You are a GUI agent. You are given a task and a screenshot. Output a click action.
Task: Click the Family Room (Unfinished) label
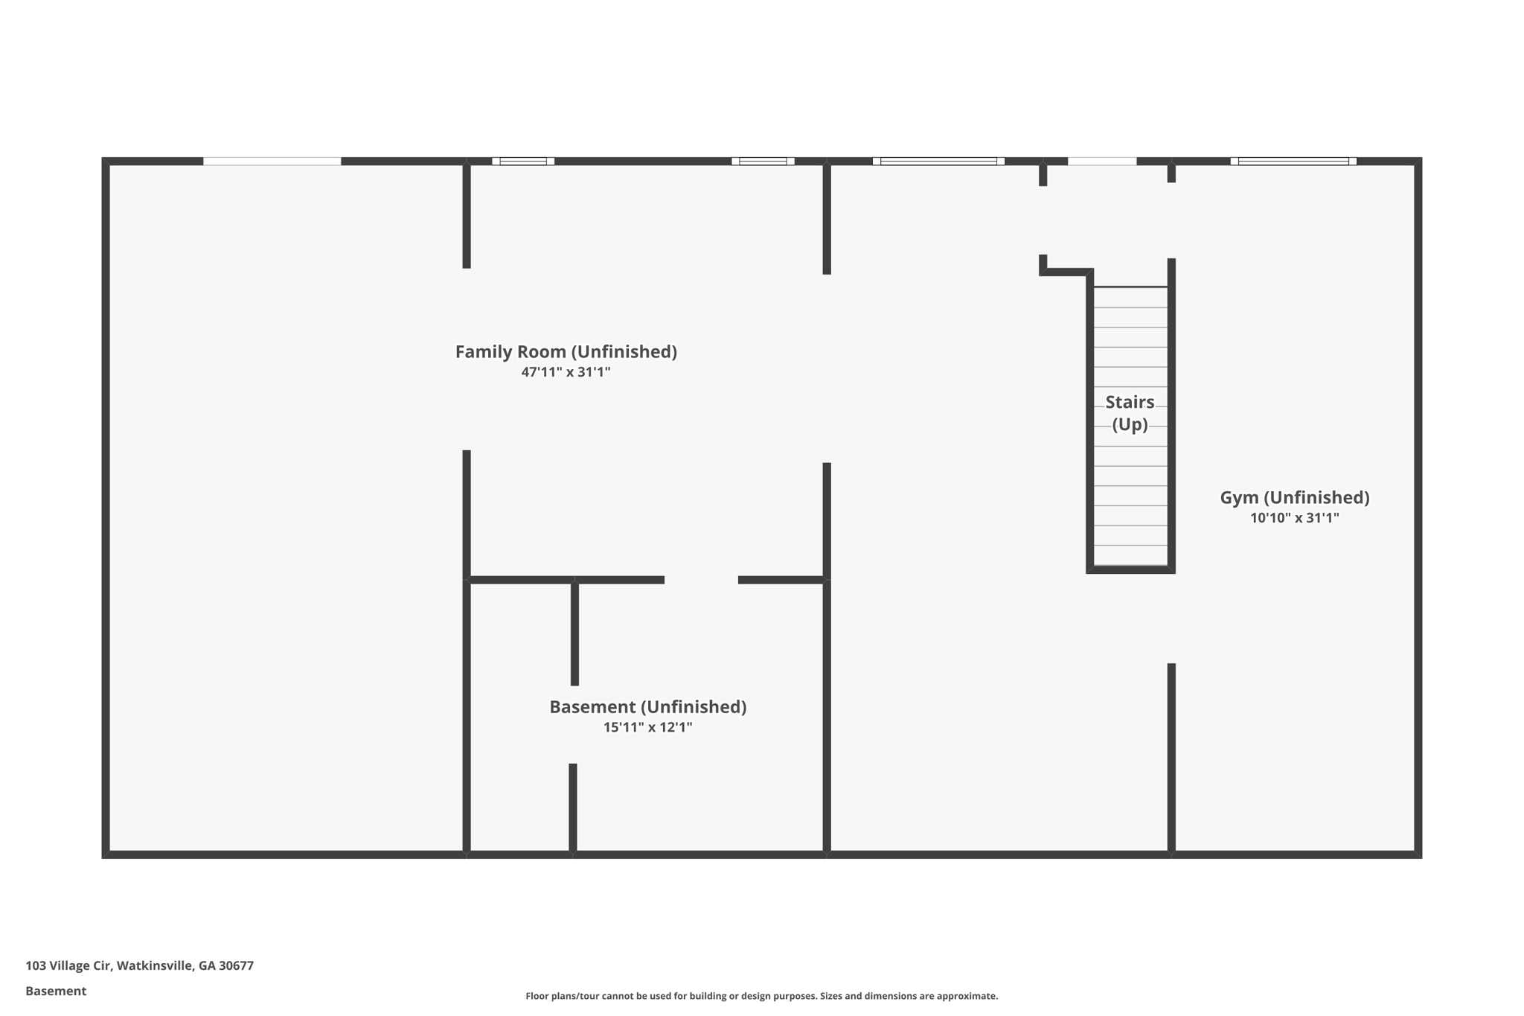[x=566, y=351]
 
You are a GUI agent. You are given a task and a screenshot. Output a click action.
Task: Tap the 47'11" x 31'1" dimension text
[x=566, y=372]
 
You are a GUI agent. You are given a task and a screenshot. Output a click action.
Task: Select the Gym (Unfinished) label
[x=1294, y=497]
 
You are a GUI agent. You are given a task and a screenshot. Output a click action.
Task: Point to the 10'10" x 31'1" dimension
[x=1294, y=518]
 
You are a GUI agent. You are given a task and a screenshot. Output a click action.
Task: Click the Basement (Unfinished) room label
[x=647, y=706]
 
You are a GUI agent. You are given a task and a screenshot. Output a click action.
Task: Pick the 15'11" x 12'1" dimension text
[x=647, y=727]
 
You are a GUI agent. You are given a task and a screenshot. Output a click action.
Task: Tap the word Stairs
[x=1130, y=402]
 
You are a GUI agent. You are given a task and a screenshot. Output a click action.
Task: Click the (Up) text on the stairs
[x=1130, y=424]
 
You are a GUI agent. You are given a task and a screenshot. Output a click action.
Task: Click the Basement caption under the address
[x=56, y=991]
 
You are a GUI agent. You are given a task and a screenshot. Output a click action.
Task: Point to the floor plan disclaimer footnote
[x=761, y=996]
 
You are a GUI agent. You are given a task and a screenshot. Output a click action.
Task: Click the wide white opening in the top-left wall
[x=272, y=161]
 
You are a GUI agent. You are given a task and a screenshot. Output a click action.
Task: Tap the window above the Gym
[x=1293, y=161]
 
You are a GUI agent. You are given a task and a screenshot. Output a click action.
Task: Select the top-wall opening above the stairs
[x=1102, y=161]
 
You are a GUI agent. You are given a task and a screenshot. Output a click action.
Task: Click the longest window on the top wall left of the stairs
[x=938, y=161]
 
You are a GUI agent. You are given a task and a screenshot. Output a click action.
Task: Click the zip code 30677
[x=236, y=965]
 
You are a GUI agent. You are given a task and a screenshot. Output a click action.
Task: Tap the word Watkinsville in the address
[x=156, y=965]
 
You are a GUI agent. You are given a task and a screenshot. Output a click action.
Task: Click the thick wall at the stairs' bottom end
[x=1130, y=570]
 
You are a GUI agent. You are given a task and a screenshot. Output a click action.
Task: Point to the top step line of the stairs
[x=1130, y=287]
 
